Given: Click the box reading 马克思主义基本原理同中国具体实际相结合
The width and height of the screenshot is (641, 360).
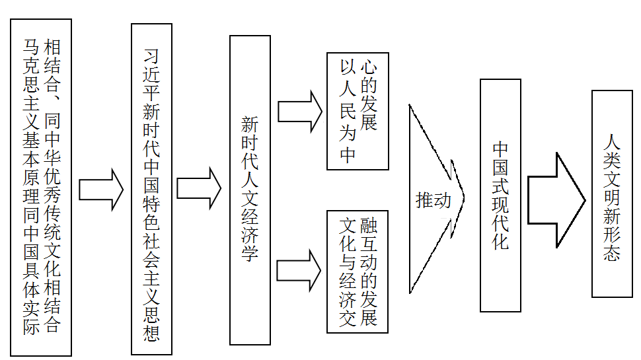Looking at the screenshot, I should click(x=40, y=187).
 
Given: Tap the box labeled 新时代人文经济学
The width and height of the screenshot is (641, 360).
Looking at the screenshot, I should click(x=250, y=190).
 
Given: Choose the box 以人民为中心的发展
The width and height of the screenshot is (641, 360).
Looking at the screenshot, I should click(x=358, y=111).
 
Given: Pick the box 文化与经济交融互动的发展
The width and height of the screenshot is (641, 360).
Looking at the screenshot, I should click(x=358, y=271).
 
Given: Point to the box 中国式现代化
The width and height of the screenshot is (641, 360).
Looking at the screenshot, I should click(x=500, y=195).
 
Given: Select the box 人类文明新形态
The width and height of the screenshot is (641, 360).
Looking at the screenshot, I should click(x=611, y=193).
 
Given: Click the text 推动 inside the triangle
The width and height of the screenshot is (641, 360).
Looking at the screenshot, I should click(x=433, y=200).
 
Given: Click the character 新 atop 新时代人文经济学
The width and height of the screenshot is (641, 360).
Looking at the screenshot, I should click(x=250, y=125).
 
